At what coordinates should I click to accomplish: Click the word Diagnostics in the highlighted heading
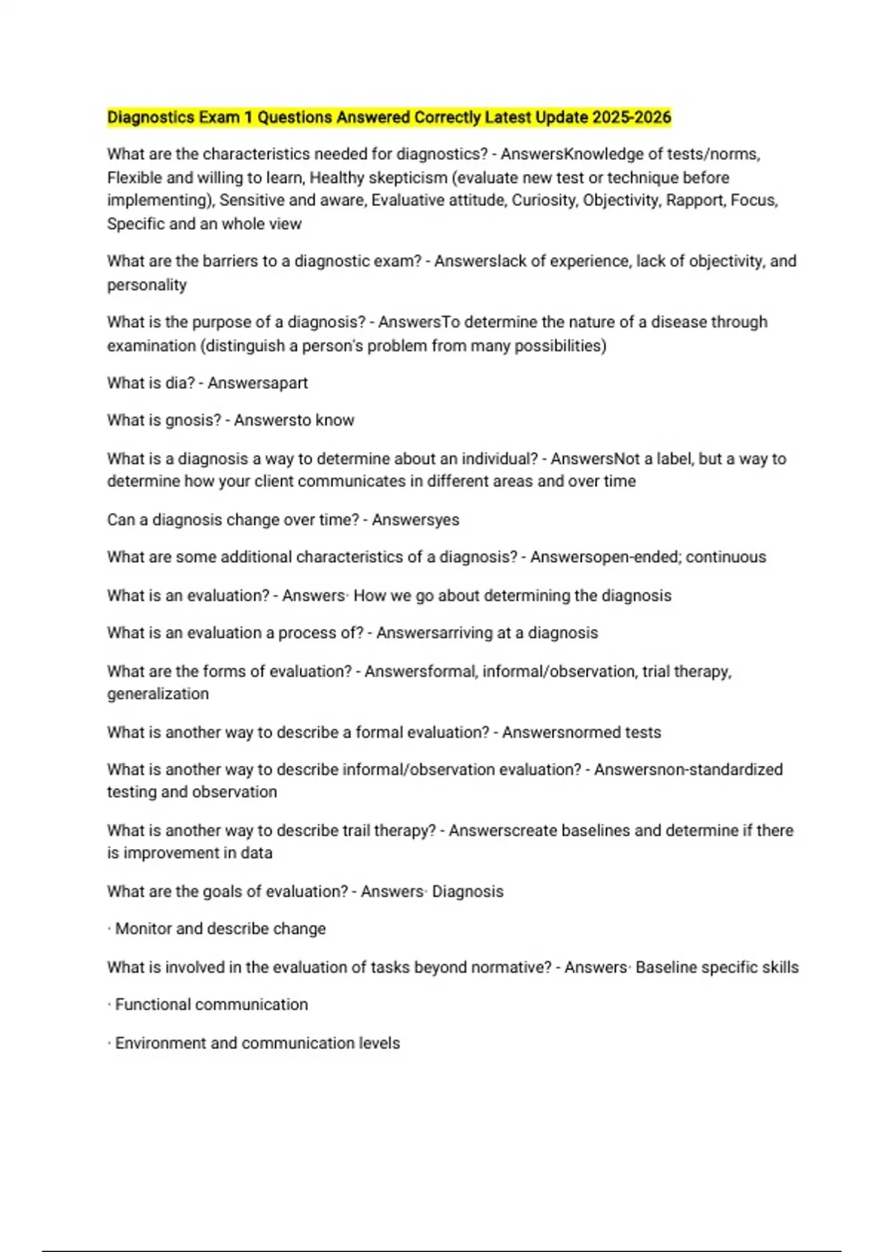click(151, 117)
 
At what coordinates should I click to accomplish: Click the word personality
click(147, 285)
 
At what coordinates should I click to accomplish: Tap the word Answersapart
click(258, 383)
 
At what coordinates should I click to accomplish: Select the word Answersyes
click(415, 520)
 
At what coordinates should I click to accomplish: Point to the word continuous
click(726, 557)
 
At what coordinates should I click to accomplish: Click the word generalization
click(158, 694)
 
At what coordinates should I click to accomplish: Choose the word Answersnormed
click(561, 732)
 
